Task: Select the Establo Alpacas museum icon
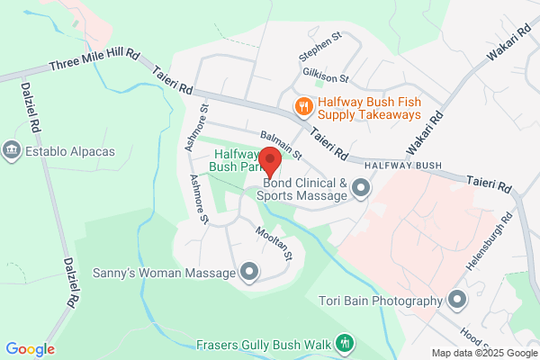(x=13, y=150)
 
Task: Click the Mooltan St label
(x=276, y=244)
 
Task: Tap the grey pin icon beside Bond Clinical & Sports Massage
(x=361, y=188)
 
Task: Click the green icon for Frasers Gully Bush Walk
(x=343, y=343)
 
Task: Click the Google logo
(x=30, y=349)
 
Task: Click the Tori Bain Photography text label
(x=381, y=301)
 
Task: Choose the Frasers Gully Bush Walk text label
(x=263, y=344)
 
